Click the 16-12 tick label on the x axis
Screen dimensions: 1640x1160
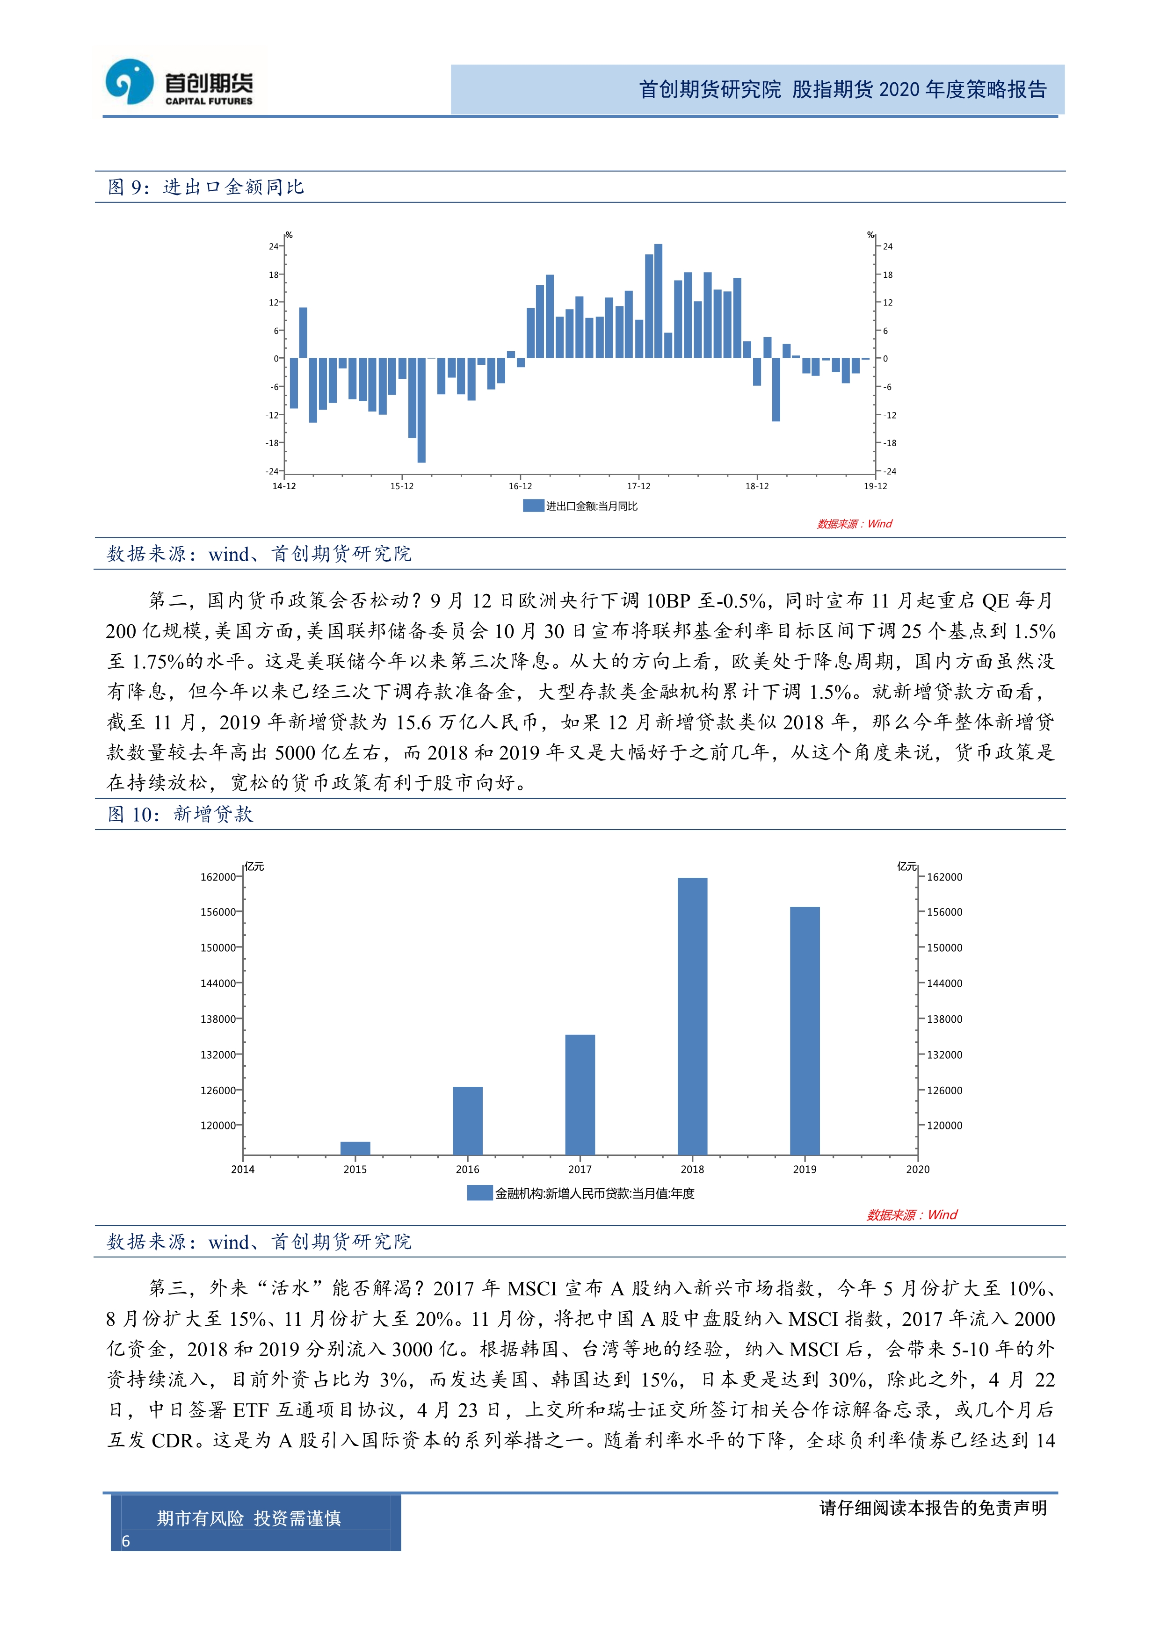tap(520, 486)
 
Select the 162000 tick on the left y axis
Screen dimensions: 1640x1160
tap(217, 877)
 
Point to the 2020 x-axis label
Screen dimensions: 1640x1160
tap(917, 1169)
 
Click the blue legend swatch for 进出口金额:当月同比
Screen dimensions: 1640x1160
tap(533, 506)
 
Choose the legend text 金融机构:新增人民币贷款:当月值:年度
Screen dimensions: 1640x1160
tap(594, 1193)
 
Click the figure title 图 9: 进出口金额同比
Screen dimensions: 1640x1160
tap(206, 187)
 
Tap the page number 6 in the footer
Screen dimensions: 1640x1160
tap(126, 1541)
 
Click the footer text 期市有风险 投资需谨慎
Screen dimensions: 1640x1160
tap(248, 1518)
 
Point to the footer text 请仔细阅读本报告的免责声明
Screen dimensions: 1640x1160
tap(932, 1508)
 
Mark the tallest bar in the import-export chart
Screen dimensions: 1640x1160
tap(658, 301)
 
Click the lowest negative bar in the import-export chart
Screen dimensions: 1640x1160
tap(421, 410)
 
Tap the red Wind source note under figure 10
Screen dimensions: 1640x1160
tap(912, 1215)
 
